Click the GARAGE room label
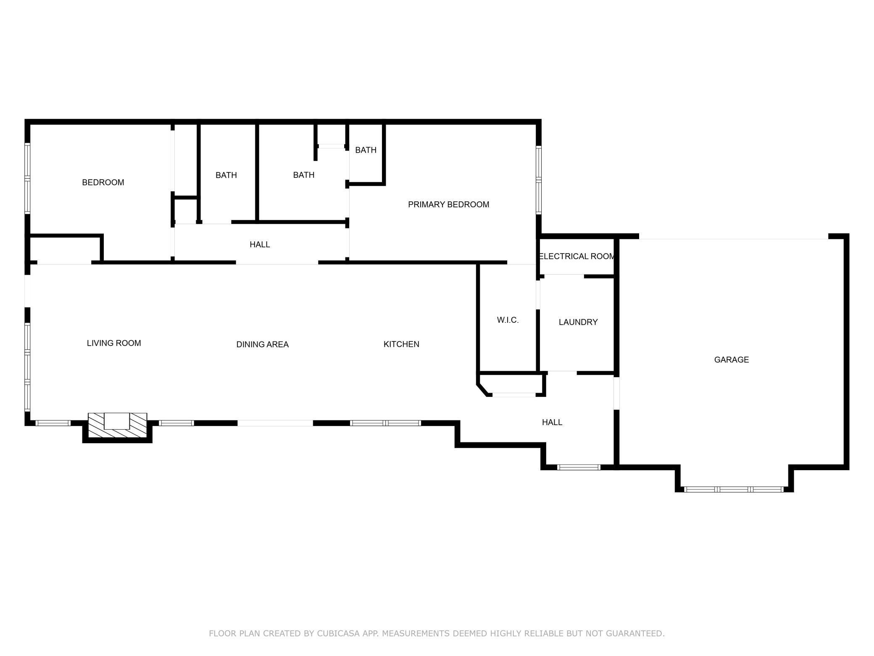(x=731, y=360)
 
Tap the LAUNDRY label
(x=578, y=322)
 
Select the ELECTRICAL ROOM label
(x=577, y=256)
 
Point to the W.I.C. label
(x=508, y=320)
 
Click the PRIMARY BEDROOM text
(x=448, y=204)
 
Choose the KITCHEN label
(x=401, y=344)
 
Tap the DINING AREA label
(x=262, y=344)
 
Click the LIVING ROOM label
(x=114, y=343)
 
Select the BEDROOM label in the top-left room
(x=103, y=183)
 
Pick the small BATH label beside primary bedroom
(x=366, y=150)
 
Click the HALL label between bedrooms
(x=260, y=244)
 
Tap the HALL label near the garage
(x=552, y=422)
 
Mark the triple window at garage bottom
(x=734, y=489)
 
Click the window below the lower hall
(x=579, y=467)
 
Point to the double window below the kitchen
(x=385, y=423)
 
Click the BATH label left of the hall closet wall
(x=226, y=175)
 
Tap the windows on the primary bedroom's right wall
(x=539, y=180)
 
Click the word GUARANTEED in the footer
(x=637, y=633)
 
